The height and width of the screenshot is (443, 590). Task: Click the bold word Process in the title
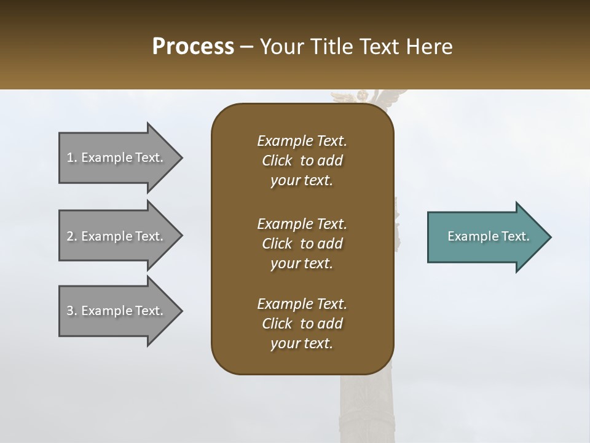tap(193, 47)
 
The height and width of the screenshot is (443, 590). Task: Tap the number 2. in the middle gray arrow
tap(71, 236)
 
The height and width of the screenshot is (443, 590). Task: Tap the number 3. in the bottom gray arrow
tap(71, 311)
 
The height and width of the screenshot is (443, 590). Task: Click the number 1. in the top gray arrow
tap(71, 158)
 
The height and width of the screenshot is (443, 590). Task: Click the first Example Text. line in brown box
tap(302, 141)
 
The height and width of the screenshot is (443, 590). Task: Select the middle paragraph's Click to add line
tap(302, 244)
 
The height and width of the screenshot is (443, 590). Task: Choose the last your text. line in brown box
tap(302, 343)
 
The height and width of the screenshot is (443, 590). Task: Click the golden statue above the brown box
tap(363, 97)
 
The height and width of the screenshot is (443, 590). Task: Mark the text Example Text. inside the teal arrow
tap(489, 236)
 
